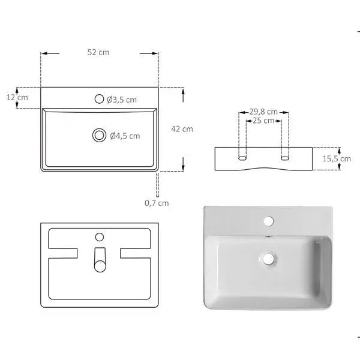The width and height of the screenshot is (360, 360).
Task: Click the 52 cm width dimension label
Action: tap(98, 53)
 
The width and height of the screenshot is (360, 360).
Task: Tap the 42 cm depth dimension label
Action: tap(182, 129)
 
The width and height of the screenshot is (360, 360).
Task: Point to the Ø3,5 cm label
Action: tap(122, 100)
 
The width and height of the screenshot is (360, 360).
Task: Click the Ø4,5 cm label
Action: tap(125, 136)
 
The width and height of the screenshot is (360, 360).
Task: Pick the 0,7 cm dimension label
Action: tap(157, 203)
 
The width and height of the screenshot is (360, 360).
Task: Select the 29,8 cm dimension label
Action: tap(264, 112)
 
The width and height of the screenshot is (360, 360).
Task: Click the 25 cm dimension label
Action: tap(264, 121)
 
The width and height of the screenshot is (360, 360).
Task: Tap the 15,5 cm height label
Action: tap(337, 159)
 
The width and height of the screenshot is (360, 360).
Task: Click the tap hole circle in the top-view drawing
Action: tap(99, 99)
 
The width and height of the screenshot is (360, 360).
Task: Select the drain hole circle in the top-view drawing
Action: tap(99, 136)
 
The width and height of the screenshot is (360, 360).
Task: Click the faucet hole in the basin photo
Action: tap(268, 221)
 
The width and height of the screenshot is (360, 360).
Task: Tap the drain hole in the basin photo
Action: tap(268, 259)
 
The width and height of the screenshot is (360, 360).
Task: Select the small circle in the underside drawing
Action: tap(100, 236)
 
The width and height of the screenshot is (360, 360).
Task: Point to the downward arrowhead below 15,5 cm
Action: tap(338, 168)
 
